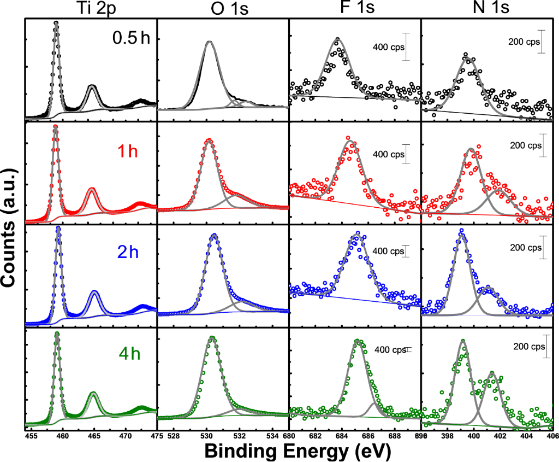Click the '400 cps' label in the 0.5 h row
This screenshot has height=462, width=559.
(389, 46)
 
